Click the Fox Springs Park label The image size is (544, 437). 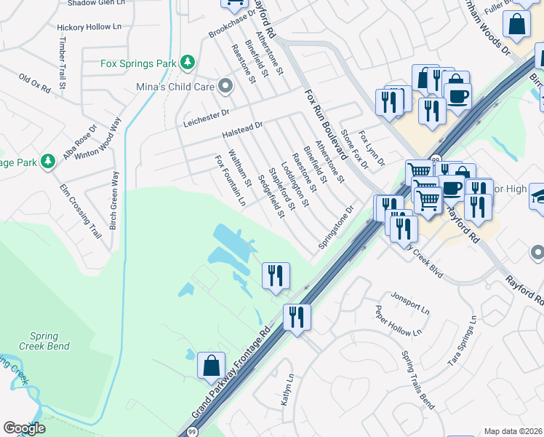click(x=139, y=63)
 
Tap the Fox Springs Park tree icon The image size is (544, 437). click(x=188, y=63)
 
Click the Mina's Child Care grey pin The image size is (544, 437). click(x=226, y=87)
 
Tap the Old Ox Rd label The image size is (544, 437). click(x=34, y=83)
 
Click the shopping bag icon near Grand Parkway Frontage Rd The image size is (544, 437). click(x=210, y=364)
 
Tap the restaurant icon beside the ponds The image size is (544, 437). click(x=276, y=275)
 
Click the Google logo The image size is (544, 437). click(x=24, y=428)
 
